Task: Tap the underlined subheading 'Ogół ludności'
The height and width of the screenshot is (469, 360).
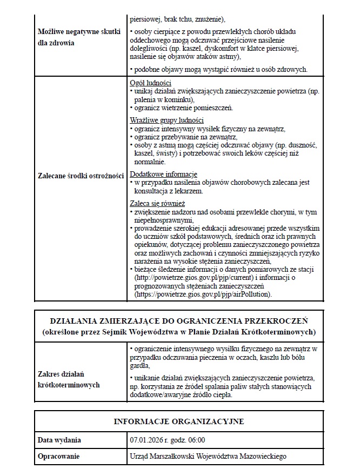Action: click(x=151, y=83)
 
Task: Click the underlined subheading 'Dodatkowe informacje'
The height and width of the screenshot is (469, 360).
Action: click(x=164, y=175)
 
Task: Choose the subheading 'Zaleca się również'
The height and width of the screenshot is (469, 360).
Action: click(x=158, y=203)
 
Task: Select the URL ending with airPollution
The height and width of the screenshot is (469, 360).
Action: click(x=203, y=294)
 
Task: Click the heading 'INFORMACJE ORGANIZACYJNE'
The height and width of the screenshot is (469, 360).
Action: click(x=178, y=421)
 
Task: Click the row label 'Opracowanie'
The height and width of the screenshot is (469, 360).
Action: click(x=58, y=457)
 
